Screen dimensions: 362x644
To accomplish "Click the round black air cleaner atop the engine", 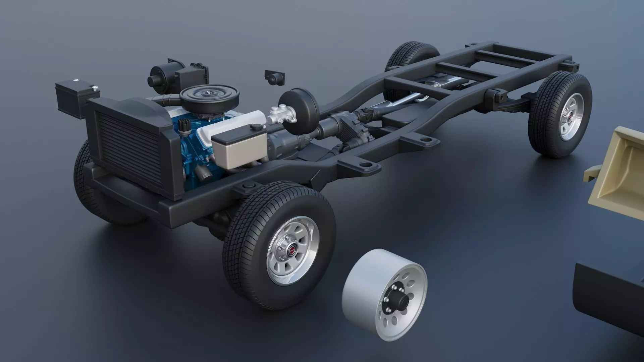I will tap(210, 94).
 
